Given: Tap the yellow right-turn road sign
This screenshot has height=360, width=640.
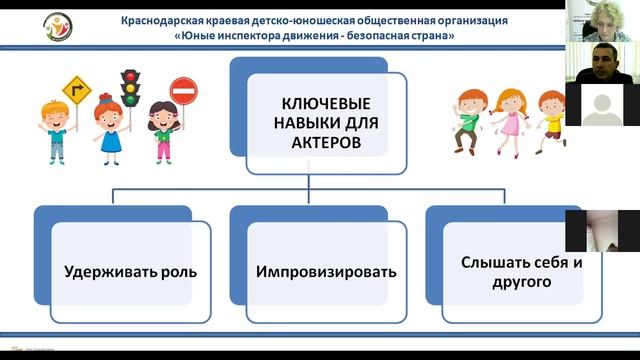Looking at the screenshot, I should [77, 92].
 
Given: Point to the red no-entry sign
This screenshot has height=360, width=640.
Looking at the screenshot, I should [184, 93].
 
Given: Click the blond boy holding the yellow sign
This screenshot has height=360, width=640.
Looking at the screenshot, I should [57, 133].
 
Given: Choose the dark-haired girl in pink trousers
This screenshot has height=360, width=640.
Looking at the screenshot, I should [162, 133].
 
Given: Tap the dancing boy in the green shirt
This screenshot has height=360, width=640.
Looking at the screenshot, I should [468, 115].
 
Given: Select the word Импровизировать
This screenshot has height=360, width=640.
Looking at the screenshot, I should [325, 272].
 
